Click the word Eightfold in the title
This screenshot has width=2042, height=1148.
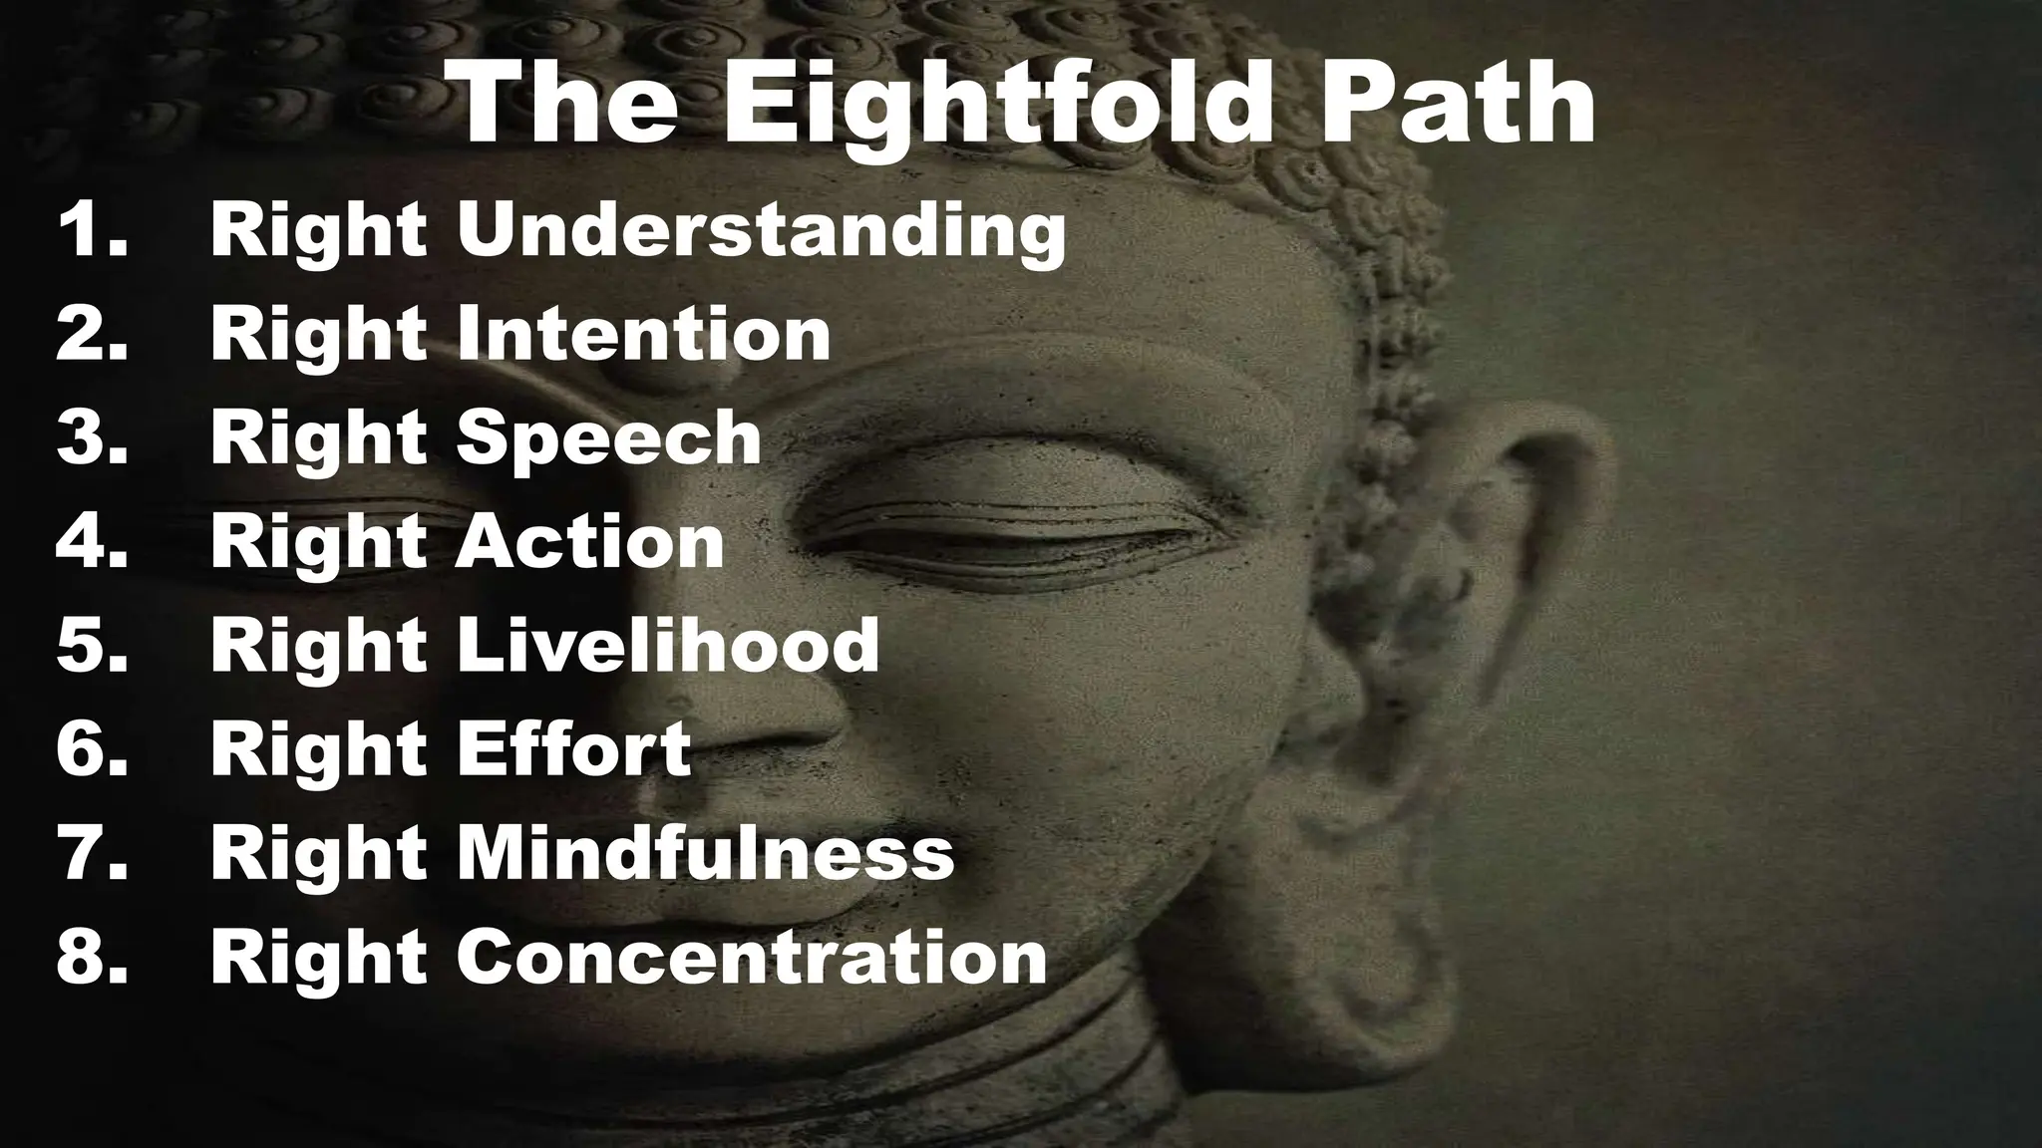(998, 105)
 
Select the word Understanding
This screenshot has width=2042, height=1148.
(762, 232)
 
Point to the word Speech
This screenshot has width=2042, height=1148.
(609, 439)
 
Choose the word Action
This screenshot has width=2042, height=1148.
(590, 542)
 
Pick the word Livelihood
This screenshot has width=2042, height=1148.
(667, 646)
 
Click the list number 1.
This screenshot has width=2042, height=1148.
(92, 230)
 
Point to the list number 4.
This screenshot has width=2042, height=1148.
(92, 542)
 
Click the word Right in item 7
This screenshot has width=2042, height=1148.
(319, 855)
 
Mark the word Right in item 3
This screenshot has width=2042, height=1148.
(319, 440)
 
